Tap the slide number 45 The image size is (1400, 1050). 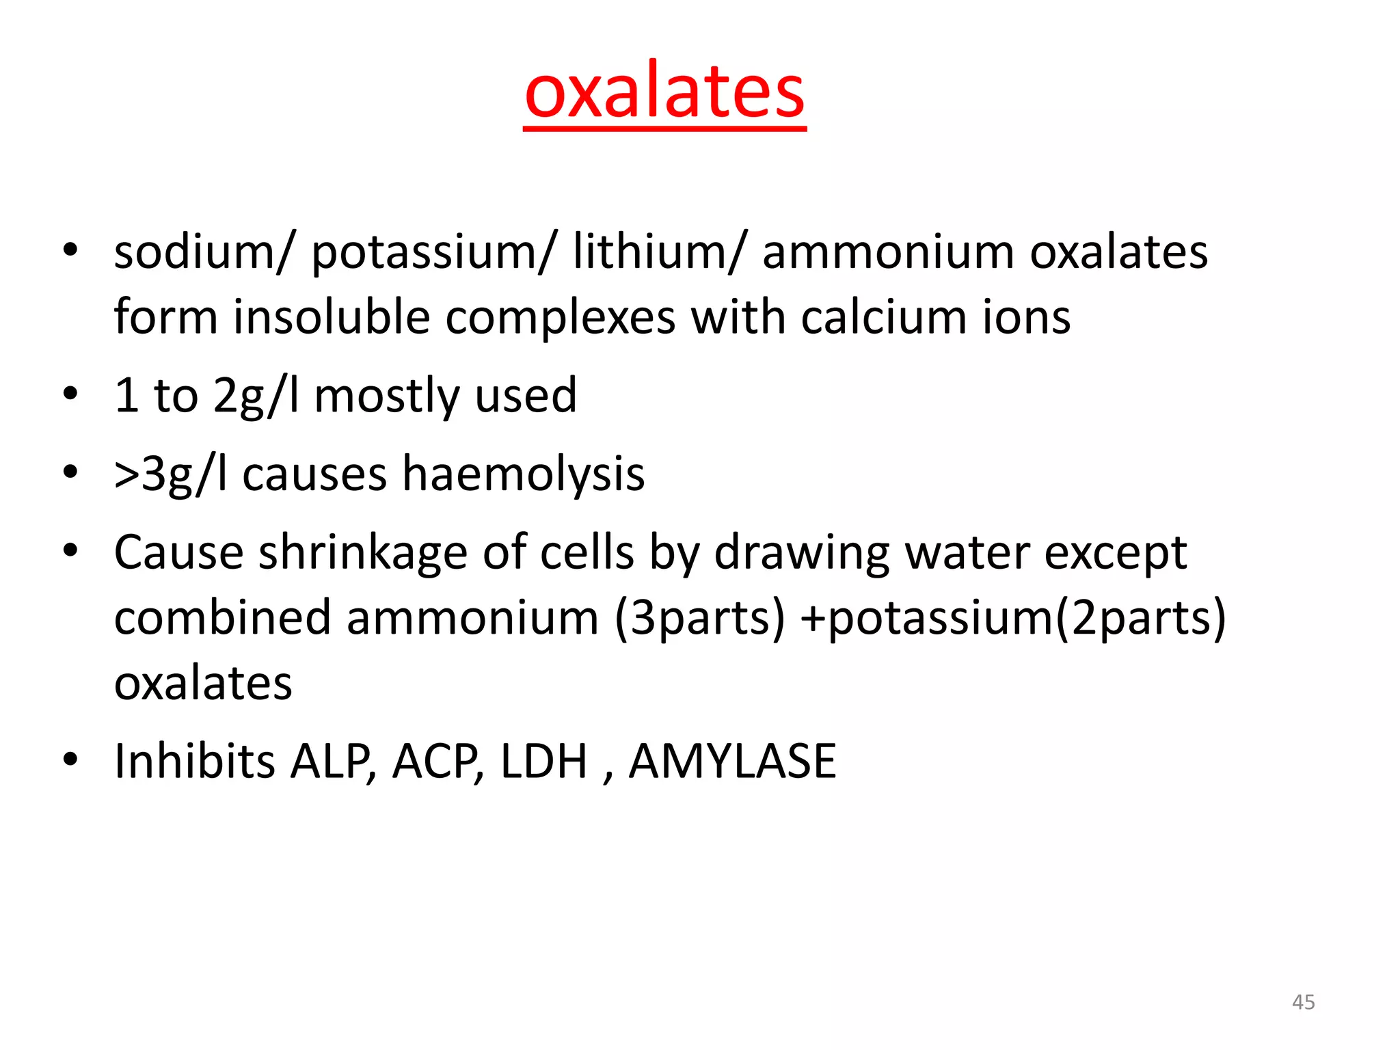tap(1303, 1002)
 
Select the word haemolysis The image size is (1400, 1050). tap(523, 474)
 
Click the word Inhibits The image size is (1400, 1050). tap(194, 761)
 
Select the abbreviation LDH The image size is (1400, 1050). tap(543, 762)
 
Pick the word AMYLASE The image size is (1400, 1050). tap(732, 762)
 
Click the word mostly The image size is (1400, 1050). tap(386, 397)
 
